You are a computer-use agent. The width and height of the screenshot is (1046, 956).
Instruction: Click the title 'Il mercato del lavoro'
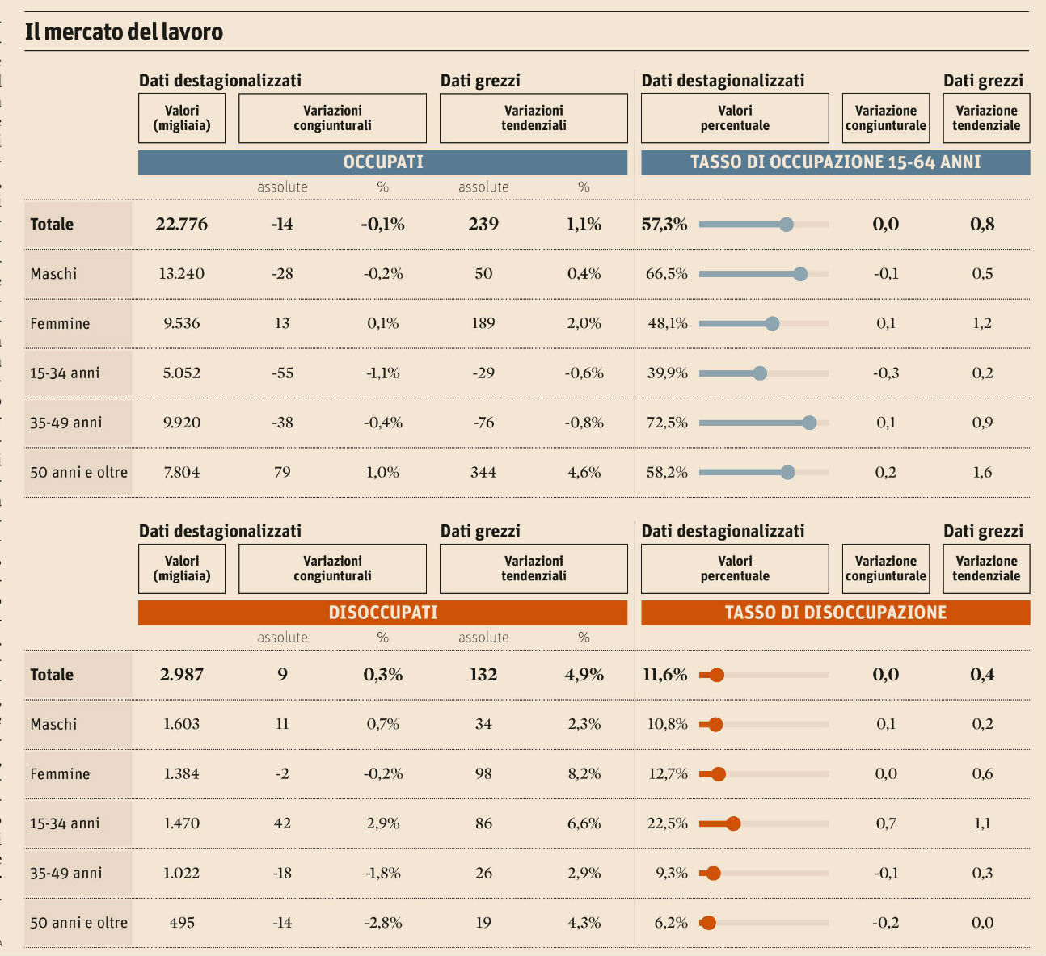(124, 32)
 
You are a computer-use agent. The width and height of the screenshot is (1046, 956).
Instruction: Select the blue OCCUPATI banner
(382, 162)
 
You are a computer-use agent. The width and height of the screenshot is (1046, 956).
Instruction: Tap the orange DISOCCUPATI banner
(382, 613)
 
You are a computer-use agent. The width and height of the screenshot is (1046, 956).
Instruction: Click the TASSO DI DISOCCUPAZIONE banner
(835, 613)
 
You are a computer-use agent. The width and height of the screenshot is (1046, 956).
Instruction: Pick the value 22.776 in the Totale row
(181, 225)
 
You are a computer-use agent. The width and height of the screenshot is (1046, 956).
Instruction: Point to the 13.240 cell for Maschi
(181, 274)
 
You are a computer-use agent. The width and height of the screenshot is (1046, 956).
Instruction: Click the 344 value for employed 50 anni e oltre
(483, 473)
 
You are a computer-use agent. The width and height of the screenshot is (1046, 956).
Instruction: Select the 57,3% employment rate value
(664, 225)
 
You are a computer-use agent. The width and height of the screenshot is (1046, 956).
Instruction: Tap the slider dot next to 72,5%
(809, 423)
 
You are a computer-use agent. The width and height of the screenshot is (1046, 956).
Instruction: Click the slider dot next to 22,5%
(733, 823)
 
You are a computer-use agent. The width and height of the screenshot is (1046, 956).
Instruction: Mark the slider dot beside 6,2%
(709, 923)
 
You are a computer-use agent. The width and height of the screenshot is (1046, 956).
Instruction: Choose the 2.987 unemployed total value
(181, 675)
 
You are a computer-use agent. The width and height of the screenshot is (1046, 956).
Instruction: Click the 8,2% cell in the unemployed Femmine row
(584, 774)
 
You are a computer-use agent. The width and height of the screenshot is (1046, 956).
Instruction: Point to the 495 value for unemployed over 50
(181, 923)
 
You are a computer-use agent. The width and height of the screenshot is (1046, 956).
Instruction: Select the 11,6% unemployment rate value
(664, 675)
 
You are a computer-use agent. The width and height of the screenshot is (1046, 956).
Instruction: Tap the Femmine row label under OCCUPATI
(60, 324)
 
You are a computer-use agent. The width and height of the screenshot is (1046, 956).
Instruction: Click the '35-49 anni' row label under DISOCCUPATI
(65, 874)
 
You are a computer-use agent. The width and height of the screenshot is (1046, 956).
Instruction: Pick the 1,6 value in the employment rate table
(982, 473)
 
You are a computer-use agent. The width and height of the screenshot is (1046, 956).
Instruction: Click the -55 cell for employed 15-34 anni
(282, 373)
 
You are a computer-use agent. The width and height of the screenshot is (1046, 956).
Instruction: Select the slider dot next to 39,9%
(760, 373)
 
